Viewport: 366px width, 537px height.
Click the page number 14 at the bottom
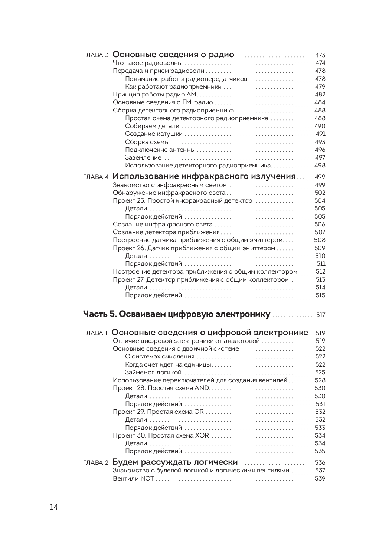[x=54, y=507]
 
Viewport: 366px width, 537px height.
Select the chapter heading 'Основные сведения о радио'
[x=173, y=55]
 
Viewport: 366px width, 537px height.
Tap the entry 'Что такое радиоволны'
[x=147, y=63]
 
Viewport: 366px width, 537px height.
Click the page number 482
[x=320, y=95]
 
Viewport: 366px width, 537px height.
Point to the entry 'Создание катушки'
[x=154, y=134]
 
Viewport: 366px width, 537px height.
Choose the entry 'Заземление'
[x=143, y=158]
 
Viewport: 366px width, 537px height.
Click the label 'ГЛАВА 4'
[x=96, y=177]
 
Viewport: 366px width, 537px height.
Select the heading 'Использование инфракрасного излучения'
[x=204, y=176]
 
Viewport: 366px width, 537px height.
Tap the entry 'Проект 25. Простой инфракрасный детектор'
[x=182, y=201]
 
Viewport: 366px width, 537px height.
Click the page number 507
[x=320, y=232]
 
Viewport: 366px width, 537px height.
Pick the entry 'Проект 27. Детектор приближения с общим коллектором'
[x=200, y=280]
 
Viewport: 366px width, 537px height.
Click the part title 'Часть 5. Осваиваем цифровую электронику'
[x=177, y=314]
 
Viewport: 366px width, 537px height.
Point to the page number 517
[x=321, y=315]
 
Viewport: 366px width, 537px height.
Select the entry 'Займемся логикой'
[x=153, y=372]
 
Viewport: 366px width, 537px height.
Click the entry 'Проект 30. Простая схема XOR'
[x=161, y=435]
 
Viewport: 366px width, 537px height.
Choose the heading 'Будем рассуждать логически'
[x=175, y=462]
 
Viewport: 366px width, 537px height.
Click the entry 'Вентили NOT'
[x=133, y=478]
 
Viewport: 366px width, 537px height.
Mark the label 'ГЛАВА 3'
[x=96, y=55]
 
